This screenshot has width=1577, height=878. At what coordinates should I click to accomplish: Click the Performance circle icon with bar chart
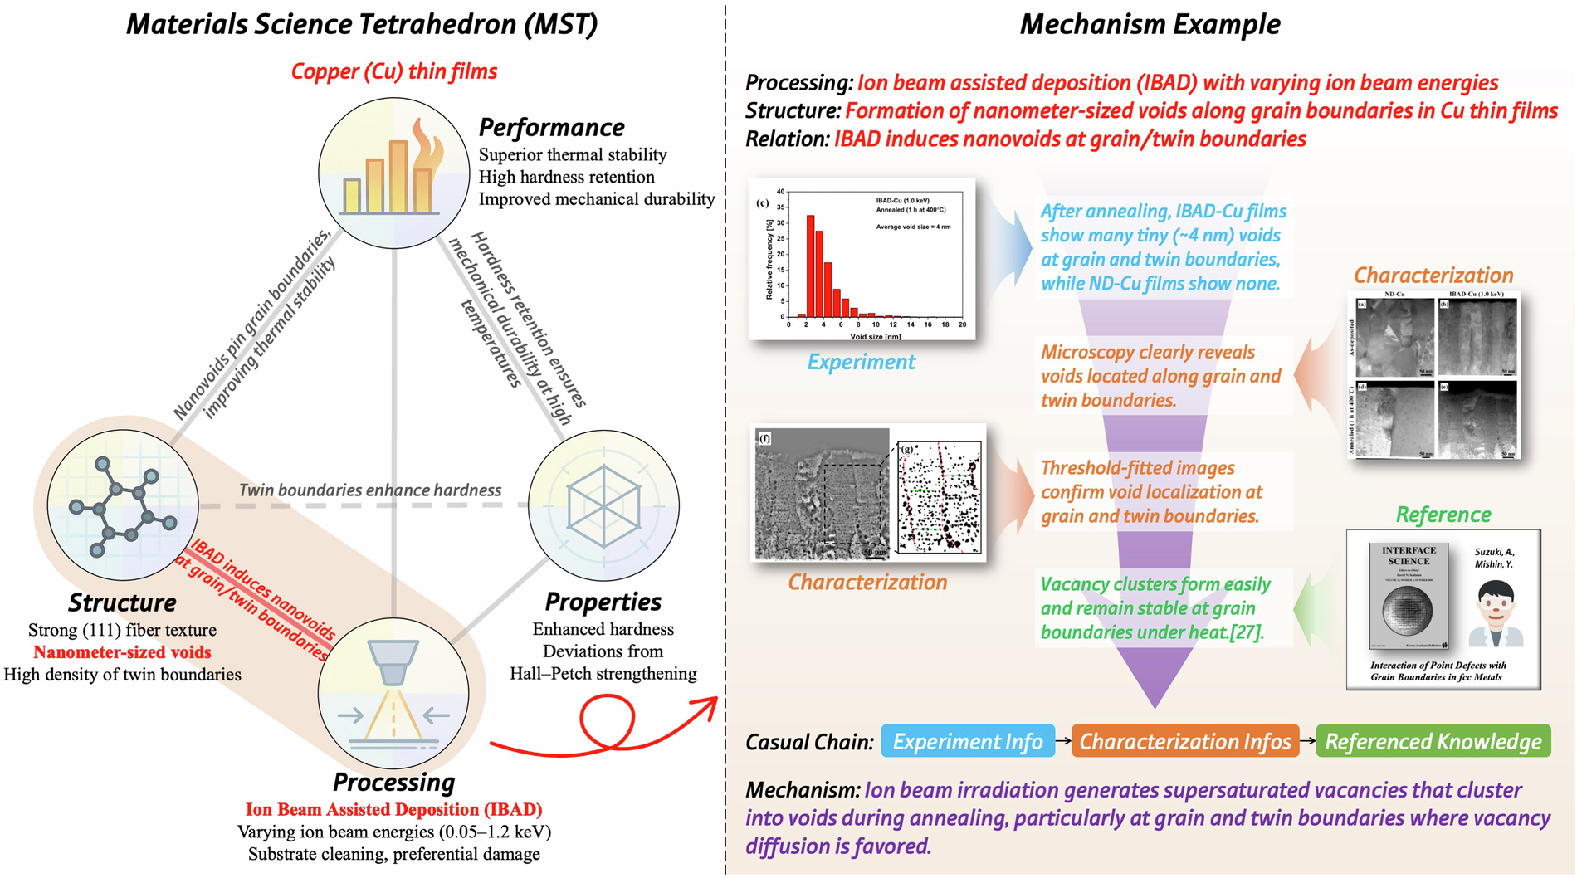(393, 173)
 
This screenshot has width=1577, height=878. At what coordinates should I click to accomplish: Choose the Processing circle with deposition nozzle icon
(393, 692)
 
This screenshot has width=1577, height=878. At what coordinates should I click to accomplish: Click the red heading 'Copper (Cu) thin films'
(393, 71)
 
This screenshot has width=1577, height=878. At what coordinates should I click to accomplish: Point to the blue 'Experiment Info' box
(967, 741)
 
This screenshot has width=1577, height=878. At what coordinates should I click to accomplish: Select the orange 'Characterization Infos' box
(1184, 741)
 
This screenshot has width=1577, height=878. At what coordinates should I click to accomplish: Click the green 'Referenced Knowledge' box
(1433, 741)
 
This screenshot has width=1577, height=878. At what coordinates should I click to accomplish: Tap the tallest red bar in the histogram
(810, 266)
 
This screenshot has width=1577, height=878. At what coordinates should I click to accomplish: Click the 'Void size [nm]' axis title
(875, 336)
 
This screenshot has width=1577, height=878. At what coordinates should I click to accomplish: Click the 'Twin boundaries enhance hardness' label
(369, 490)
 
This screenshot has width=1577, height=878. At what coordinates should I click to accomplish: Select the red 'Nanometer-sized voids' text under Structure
(122, 652)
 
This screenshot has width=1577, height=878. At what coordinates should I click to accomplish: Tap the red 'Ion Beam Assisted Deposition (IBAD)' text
(393, 809)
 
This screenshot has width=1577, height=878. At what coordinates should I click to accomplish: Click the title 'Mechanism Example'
(1150, 24)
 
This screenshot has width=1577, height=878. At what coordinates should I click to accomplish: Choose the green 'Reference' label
(1443, 515)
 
